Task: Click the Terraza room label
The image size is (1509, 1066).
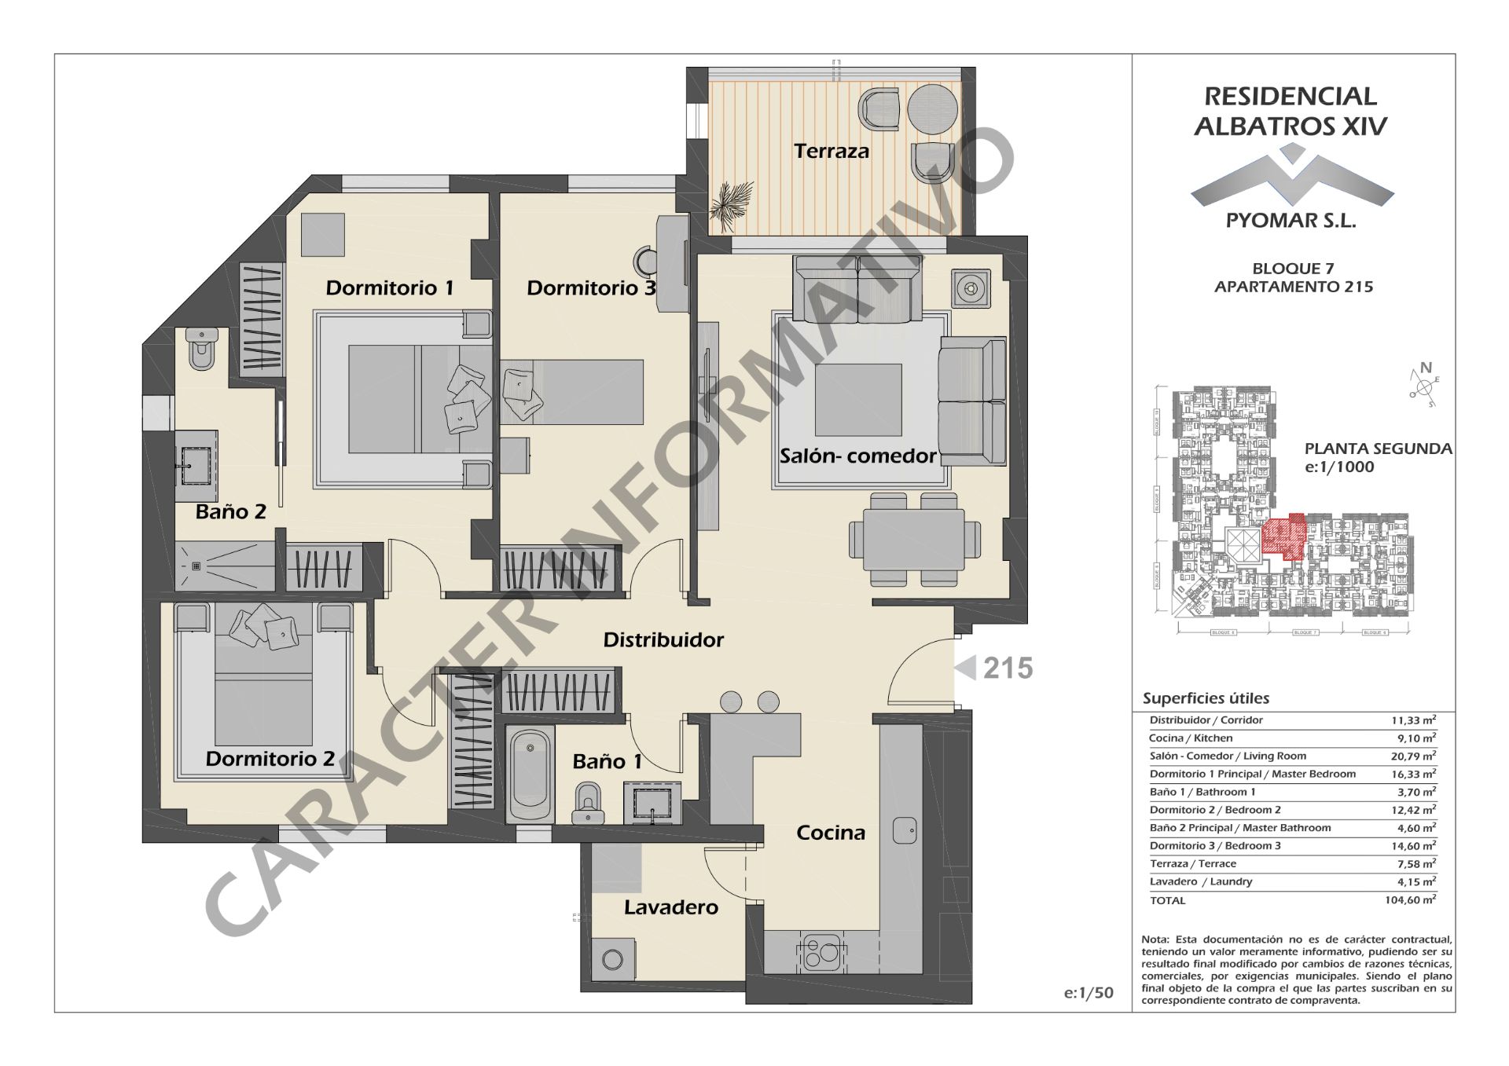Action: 831,151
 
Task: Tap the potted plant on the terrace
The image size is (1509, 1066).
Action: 730,202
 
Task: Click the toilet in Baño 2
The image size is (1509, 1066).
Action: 201,349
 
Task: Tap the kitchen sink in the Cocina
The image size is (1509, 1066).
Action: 905,830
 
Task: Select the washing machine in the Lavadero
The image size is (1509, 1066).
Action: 612,959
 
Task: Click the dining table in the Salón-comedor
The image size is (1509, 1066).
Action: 914,540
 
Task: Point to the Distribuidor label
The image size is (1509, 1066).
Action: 663,640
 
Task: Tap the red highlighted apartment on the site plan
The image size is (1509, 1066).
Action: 1283,536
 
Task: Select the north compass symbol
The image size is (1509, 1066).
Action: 1423,383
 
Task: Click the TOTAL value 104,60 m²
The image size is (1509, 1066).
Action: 1410,900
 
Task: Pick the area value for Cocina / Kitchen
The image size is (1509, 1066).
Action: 1413,738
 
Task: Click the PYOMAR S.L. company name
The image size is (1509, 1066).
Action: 1291,221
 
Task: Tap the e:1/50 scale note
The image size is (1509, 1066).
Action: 1089,993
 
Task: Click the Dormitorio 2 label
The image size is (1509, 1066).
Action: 270,759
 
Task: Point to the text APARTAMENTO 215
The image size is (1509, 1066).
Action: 1294,287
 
